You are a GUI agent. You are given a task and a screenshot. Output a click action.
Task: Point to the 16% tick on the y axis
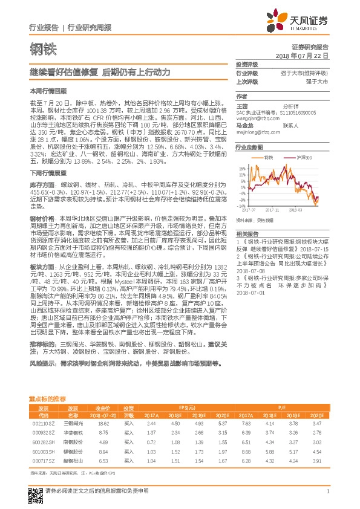tap(241, 169)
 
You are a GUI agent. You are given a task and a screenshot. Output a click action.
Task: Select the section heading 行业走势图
tap(249, 148)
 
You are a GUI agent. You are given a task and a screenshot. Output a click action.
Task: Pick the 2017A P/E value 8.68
tap(245, 452)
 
